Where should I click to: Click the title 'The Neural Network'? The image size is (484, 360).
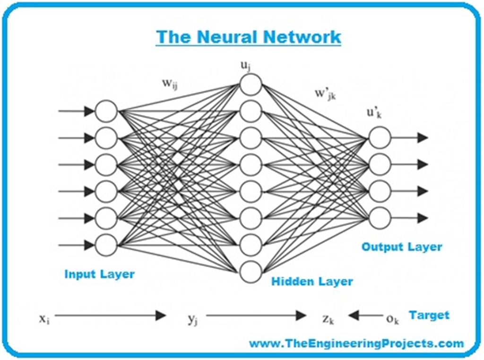coord(248,37)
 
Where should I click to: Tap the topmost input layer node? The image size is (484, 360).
coord(106,111)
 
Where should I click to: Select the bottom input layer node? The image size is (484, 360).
coord(106,245)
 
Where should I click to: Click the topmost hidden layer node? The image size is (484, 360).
coord(251,85)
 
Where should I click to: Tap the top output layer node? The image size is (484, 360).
coord(380,137)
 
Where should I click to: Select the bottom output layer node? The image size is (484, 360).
coord(380,218)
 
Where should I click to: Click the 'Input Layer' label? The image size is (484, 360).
coord(99,274)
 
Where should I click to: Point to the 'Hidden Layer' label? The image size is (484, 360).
coord(312,282)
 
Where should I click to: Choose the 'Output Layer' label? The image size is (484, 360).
coord(402,247)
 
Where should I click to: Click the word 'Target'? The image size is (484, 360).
coord(429,315)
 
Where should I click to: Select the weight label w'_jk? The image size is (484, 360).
coord(326,93)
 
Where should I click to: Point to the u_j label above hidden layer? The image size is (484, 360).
coord(245,66)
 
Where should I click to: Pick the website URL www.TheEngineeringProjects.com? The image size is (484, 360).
coord(356,343)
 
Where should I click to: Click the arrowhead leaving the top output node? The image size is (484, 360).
coord(422,137)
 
